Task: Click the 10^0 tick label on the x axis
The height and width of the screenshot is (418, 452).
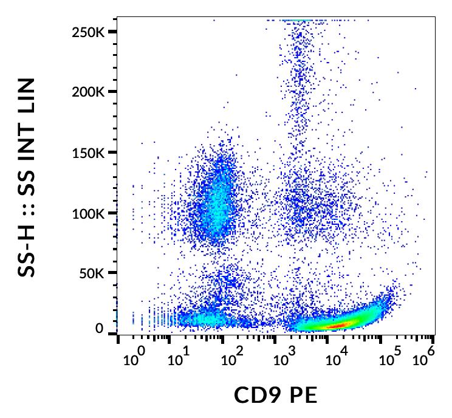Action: (133, 358)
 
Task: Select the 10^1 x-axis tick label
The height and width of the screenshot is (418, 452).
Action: (178, 358)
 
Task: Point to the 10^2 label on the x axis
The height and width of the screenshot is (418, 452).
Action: (230, 358)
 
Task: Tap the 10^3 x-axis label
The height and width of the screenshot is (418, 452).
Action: (282, 358)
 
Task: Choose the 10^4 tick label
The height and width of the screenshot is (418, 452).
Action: (335, 358)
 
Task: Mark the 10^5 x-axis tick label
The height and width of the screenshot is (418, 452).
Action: (388, 358)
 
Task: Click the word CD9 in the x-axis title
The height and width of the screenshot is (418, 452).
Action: (257, 396)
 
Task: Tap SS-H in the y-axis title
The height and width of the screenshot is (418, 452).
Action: (26, 250)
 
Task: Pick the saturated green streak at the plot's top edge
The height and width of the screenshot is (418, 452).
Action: (298, 20)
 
